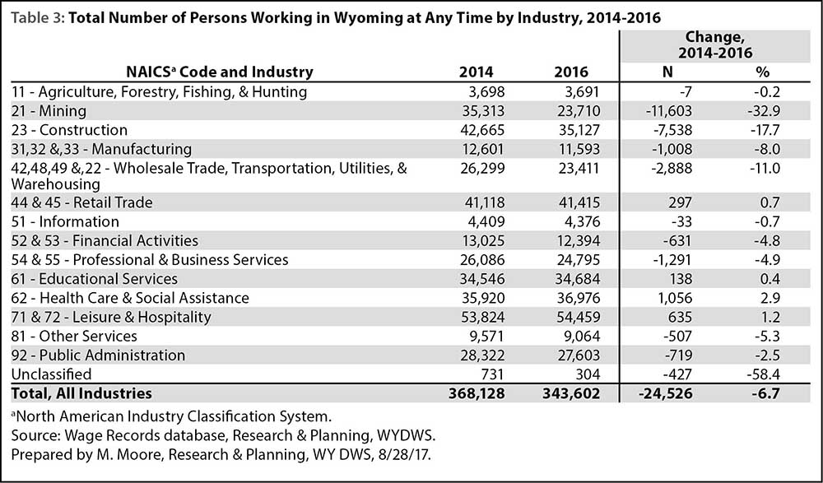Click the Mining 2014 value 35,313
482,111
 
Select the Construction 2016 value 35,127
578,130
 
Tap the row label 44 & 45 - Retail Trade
81,202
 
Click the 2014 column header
476,72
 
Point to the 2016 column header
572,72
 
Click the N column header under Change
667,72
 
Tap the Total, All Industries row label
81,393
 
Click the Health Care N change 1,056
673,298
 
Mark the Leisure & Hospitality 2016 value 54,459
578,317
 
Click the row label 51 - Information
65,221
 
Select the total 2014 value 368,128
477,393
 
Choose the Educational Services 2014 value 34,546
482,279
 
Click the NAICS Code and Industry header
220,72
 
